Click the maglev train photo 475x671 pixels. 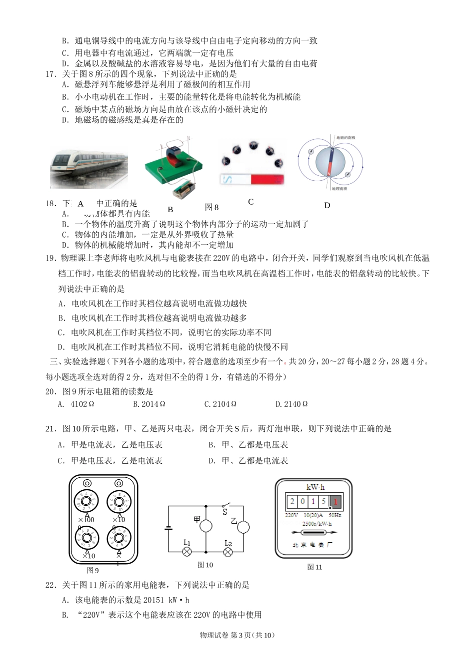click(88, 164)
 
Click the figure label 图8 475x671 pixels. click(211, 207)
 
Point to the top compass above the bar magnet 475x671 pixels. click(253, 145)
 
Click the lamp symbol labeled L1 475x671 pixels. click(187, 552)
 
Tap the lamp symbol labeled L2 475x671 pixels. click(228, 552)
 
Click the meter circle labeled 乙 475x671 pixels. click(243, 527)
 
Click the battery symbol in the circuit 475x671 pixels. click(168, 528)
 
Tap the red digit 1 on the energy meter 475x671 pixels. click(335, 501)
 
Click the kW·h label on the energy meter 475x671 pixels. click(315, 487)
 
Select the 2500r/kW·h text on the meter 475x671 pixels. click(316, 524)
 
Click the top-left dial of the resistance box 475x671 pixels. click(87, 501)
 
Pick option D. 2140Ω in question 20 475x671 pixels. click(291, 404)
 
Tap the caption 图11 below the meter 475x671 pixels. click(314, 567)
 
